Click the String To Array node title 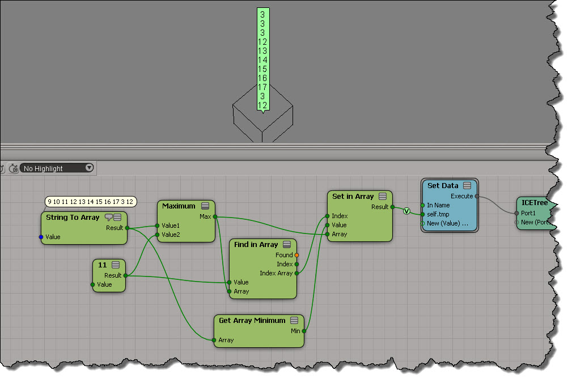click(72, 218)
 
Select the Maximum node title click(178, 206)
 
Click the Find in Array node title click(256, 245)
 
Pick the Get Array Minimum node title click(252, 321)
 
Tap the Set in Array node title click(353, 197)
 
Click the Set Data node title click(443, 186)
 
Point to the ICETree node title click(534, 203)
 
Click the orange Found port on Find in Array click(296, 255)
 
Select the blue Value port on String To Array click(41, 237)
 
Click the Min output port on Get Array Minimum click(304, 331)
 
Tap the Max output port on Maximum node click(215, 216)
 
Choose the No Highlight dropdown click(57, 168)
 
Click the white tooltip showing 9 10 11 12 click(90, 202)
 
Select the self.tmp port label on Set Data click(439, 214)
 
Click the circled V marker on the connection click(406, 211)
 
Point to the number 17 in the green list click(262, 87)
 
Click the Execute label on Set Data click(461, 196)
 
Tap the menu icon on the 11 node click(116, 265)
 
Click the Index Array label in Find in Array click(276, 273)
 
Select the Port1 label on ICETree click(528, 213)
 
